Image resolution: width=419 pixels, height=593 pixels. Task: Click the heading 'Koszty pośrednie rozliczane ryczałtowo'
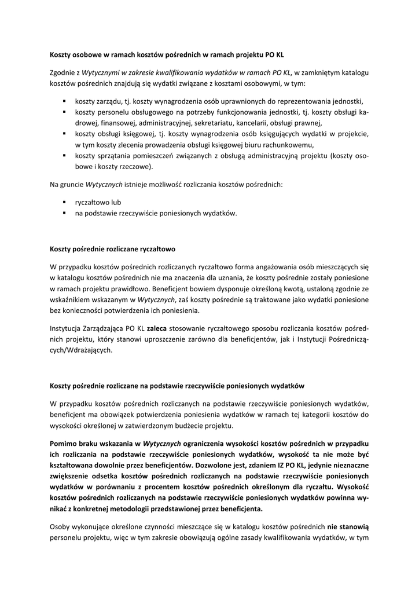112,249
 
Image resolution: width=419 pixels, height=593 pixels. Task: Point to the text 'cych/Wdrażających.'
82,350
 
